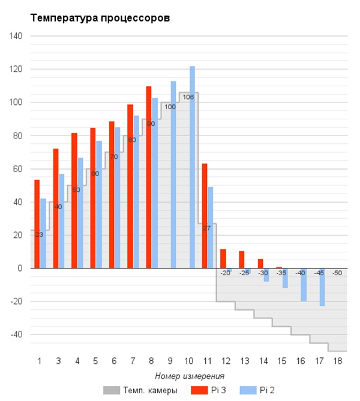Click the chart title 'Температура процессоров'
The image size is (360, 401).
click(100, 18)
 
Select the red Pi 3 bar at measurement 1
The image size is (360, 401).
click(37, 224)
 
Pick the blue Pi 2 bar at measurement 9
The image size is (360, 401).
click(173, 174)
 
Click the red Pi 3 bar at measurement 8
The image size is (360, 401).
click(149, 177)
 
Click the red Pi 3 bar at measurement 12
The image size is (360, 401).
click(223, 258)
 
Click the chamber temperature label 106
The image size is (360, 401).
click(188, 97)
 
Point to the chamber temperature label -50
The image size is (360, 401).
click(338, 273)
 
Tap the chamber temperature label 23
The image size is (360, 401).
click(39, 234)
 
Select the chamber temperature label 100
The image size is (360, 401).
click(170, 107)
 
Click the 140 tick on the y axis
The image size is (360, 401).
click(16, 36)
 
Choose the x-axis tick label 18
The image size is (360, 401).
click(338, 361)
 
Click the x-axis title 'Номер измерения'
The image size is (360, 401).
click(190, 376)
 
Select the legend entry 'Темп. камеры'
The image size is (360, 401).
click(141, 391)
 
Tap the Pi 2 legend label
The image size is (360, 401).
click(267, 391)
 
